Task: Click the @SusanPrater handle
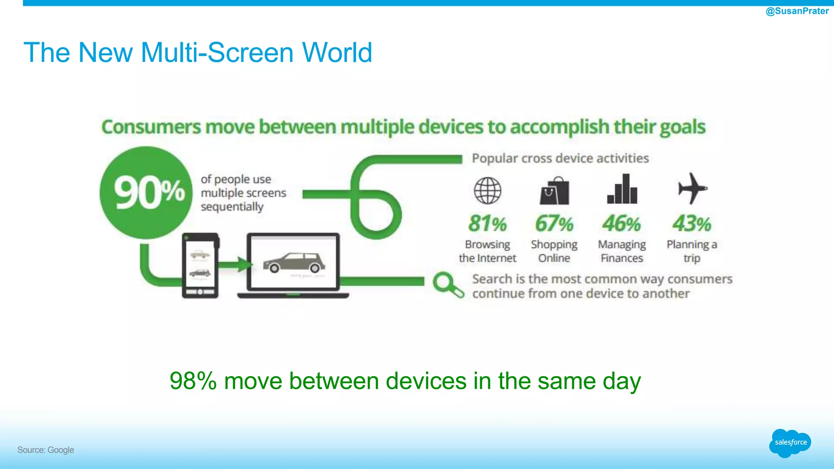click(797, 11)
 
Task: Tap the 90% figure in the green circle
click(149, 193)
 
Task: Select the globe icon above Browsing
click(487, 191)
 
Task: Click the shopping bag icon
click(554, 191)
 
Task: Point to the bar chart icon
click(622, 189)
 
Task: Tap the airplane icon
click(692, 188)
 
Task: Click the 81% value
click(487, 224)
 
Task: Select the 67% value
click(554, 224)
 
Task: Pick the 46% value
click(622, 224)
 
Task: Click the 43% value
click(692, 224)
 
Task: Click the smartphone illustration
click(200, 265)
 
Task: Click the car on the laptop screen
click(294, 263)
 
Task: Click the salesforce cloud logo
click(790, 443)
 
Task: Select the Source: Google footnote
click(46, 450)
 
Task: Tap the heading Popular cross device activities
click(560, 158)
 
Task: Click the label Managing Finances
click(622, 251)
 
